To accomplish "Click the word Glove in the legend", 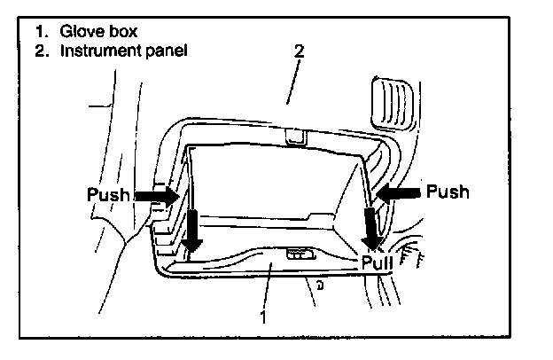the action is point(77,32).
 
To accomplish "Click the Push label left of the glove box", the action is point(108,193).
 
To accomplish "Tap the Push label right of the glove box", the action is point(448,191).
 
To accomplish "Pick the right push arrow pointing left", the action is point(397,192).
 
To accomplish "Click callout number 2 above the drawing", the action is point(299,51).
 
